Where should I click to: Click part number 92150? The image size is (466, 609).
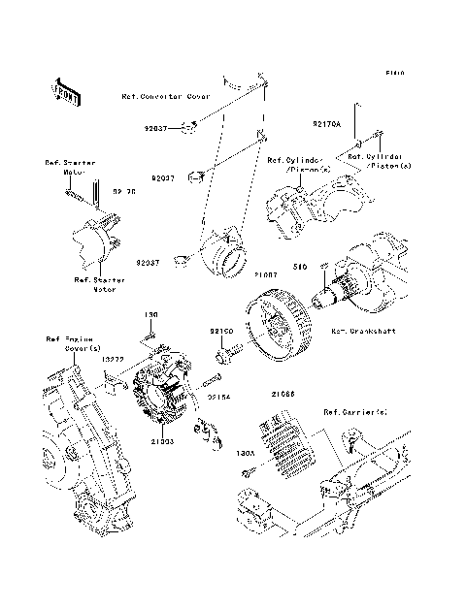pos(222,332)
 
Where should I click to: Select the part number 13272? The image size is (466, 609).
pos(113,359)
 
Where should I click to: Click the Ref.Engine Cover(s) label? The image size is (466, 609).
pos(65,345)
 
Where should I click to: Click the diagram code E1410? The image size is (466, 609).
pos(393,73)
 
